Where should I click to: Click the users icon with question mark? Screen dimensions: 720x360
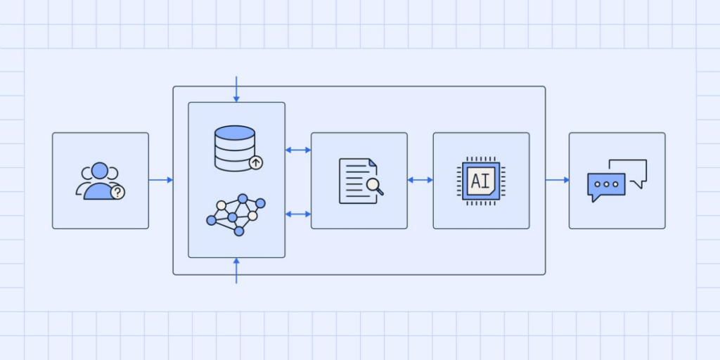(x=100, y=181)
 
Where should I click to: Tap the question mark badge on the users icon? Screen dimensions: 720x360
(x=118, y=193)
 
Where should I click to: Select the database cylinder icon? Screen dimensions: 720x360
(x=235, y=148)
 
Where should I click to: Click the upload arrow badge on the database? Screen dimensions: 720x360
(x=256, y=162)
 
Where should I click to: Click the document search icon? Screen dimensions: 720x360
(x=361, y=181)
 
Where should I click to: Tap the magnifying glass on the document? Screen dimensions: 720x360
(x=375, y=186)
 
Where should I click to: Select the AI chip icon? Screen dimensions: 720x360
(x=481, y=181)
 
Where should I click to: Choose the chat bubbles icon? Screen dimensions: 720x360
(x=617, y=181)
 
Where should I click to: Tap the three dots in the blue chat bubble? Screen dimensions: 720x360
(x=606, y=184)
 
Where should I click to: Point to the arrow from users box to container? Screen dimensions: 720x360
(x=161, y=180)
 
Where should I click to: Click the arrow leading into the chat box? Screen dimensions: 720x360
(x=557, y=180)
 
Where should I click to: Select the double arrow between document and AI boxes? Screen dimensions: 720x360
(x=420, y=180)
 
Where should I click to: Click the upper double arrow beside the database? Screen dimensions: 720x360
(x=298, y=150)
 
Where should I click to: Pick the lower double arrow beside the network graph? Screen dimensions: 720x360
(x=298, y=214)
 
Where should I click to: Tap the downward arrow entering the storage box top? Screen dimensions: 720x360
(x=236, y=89)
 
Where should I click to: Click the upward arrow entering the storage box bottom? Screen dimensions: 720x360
(x=236, y=271)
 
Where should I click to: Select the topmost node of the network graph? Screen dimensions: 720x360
(x=243, y=198)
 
